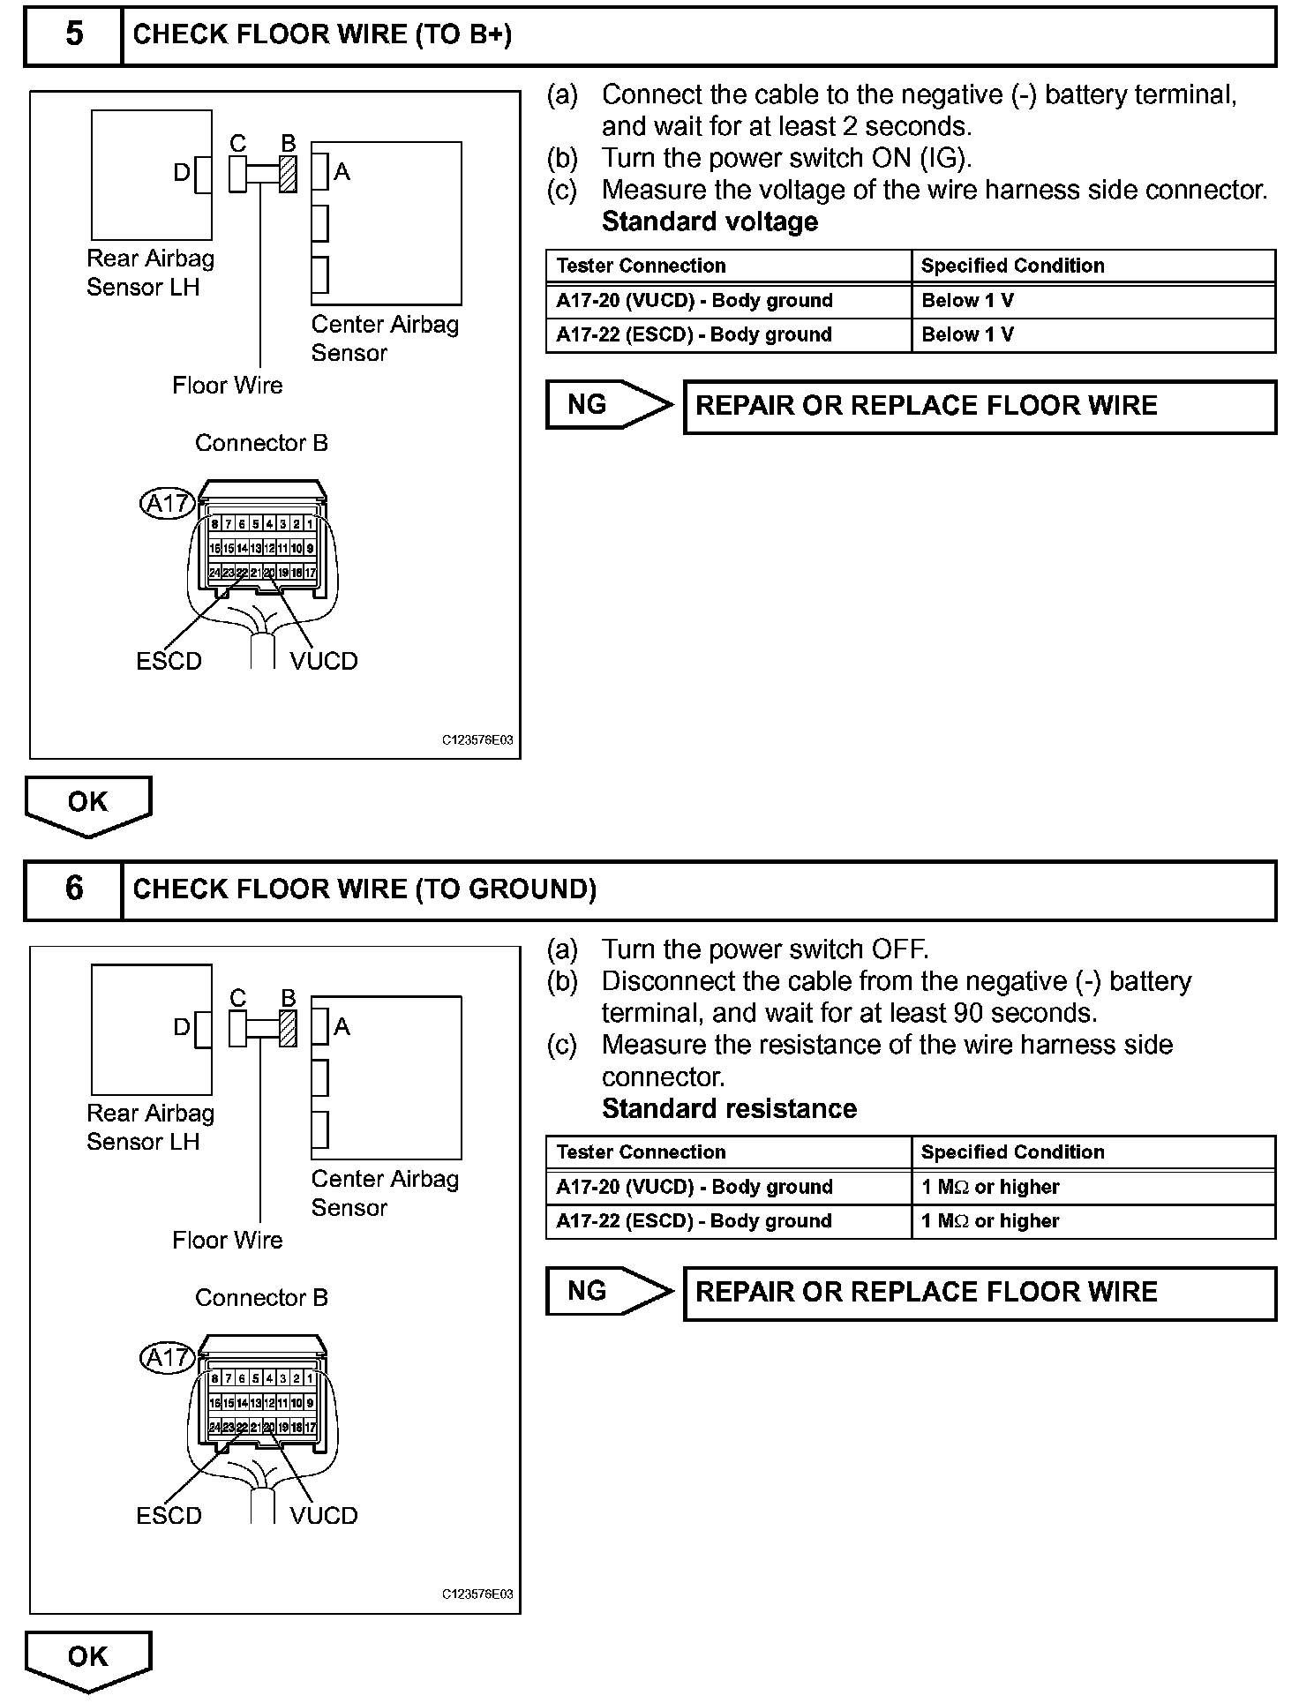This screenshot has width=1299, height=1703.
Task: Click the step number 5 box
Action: pyautogui.click(x=73, y=34)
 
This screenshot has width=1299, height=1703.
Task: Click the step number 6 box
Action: pyautogui.click(x=73, y=889)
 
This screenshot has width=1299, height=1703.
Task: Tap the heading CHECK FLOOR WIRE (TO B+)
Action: pyautogui.click(x=322, y=34)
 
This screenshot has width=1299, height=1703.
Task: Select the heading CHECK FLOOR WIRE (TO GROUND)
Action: pyautogui.click(x=364, y=889)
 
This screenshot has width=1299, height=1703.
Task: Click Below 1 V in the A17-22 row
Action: pyautogui.click(x=967, y=335)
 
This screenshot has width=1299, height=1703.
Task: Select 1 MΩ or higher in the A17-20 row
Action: pyautogui.click(x=989, y=1187)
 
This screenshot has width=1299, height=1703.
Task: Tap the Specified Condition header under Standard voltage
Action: pyautogui.click(x=1012, y=266)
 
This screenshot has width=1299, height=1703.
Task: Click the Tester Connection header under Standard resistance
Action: pyautogui.click(x=641, y=1152)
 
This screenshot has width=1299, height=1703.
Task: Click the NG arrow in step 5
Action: pyautogui.click(x=608, y=405)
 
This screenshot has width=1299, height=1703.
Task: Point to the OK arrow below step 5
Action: pyautogui.click(x=87, y=805)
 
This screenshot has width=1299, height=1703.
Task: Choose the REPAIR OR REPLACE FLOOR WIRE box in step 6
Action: pyautogui.click(x=980, y=1293)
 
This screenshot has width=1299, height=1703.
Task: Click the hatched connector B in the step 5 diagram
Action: pyautogui.click(x=288, y=174)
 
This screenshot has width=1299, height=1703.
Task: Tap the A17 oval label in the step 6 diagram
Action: pyautogui.click(x=167, y=1357)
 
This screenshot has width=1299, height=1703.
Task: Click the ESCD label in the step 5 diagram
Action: pyautogui.click(x=169, y=661)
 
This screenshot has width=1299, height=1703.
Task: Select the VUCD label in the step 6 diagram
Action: pyautogui.click(x=324, y=1516)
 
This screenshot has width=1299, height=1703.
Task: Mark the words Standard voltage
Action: pyautogui.click(x=710, y=221)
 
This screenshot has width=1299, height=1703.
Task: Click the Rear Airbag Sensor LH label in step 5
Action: pyautogui.click(x=150, y=273)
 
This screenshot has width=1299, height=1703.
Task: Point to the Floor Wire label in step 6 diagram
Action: pyautogui.click(x=227, y=1240)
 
